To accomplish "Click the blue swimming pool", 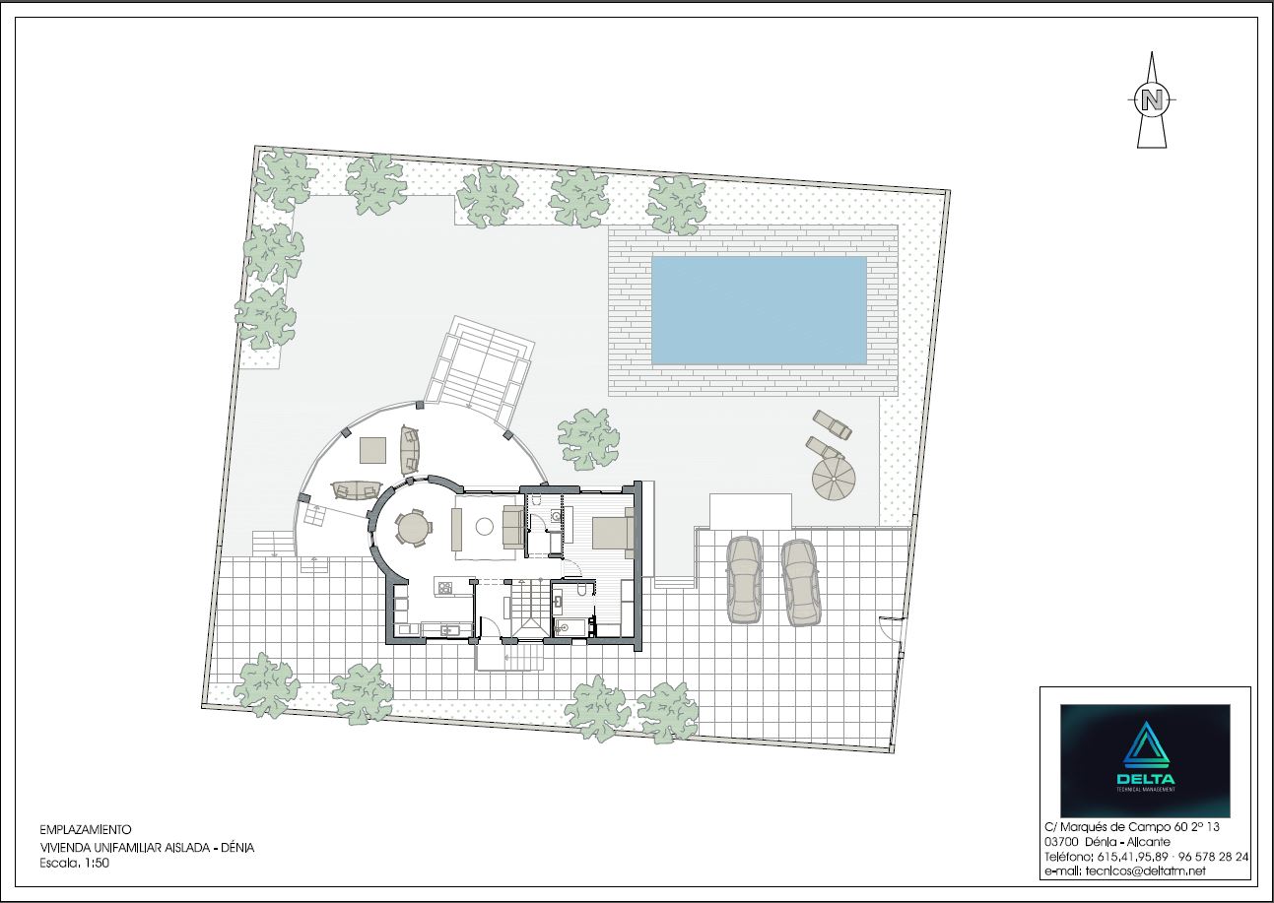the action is click(x=759, y=310).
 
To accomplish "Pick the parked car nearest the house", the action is click(x=743, y=580).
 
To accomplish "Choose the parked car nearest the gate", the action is click(x=800, y=583).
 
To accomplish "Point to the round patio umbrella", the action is click(x=834, y=480).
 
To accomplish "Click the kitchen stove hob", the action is click(x=444, y=588).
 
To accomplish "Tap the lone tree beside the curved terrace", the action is click(x=588, y=439).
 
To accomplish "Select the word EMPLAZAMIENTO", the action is click(x=86, y=830).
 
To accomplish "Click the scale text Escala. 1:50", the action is click(x=75, y=863).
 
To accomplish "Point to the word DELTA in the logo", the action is click(x=1146, y=779).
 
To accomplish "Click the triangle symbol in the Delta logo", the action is click(x=1146, y=744).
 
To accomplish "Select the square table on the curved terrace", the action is click(x=373, y=450).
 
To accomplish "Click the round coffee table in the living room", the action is click(x=484, y=527).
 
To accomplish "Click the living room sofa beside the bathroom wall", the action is click(x=512, y=528).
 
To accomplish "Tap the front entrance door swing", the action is click(x=491, y=627).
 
